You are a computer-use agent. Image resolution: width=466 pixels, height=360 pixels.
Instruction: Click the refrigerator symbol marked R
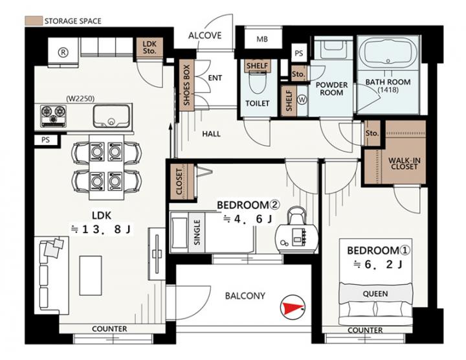point(63,52)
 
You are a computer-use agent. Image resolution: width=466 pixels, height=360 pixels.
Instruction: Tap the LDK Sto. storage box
point(150,47)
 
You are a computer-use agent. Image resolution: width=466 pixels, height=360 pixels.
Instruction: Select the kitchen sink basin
point(111,117)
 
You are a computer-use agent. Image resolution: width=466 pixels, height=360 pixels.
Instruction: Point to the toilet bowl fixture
point(257,83)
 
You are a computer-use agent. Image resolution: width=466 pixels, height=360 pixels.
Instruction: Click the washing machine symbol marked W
point(302,100)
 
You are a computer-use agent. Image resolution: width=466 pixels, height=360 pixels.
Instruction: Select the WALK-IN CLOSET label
point(404,164)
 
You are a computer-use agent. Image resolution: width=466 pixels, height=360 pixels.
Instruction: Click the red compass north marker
point(293,308)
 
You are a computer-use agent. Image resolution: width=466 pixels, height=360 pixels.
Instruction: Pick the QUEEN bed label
point(375,294)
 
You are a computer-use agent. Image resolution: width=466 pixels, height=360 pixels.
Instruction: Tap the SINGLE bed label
point(197,232)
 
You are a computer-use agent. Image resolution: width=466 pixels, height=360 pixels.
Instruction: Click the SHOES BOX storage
point(186,85)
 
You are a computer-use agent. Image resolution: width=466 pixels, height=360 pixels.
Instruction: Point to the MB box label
point(262,39)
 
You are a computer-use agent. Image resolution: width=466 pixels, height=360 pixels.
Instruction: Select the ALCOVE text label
point(205,36)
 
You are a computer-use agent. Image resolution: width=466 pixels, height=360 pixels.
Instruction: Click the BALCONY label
point(245,296)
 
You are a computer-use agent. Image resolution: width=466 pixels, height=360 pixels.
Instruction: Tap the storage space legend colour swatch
point(34,21)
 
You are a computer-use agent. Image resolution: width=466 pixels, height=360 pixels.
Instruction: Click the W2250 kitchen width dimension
point(80,98)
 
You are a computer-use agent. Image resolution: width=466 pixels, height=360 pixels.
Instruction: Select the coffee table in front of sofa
point(91,276)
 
